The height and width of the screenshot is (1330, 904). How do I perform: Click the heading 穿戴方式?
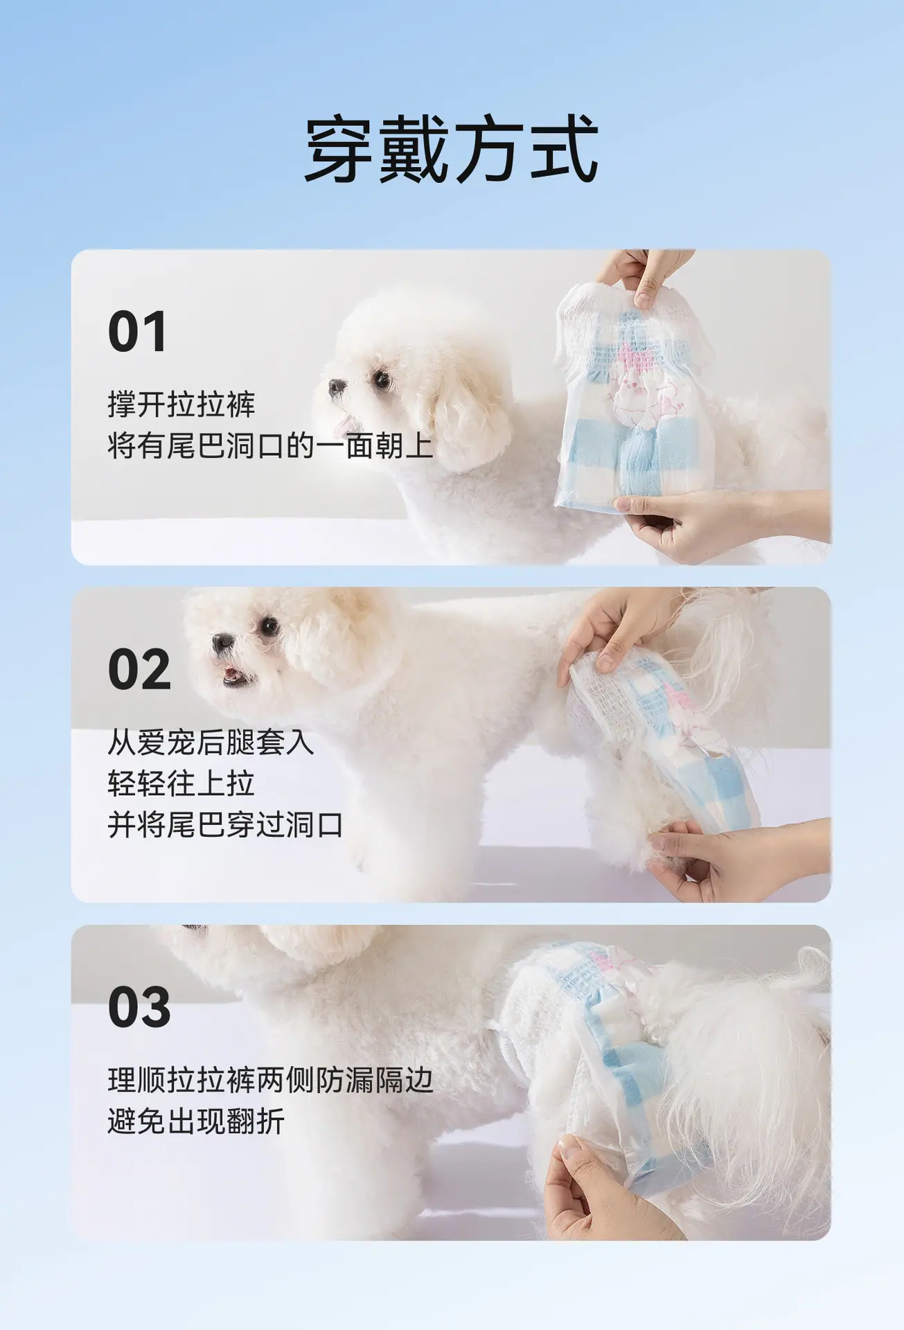pos(452,150)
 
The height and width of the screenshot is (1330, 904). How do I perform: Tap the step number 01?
pos(137,332)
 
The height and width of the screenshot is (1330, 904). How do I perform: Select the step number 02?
pos(139,669)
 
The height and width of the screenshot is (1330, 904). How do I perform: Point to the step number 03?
pos(139,1007)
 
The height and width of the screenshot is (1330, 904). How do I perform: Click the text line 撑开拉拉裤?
pos(181,405)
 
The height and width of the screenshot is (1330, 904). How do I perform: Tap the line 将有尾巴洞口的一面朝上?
pos(271,446)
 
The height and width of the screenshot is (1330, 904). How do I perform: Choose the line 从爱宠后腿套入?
pos(211,743)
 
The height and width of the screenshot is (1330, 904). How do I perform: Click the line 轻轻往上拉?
pos(181,783)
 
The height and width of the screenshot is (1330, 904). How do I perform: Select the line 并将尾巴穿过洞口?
pos(226,825)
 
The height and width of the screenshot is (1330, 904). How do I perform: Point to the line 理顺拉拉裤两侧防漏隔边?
pos(271,1080)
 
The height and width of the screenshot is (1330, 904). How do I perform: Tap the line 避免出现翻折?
pos(196,1121)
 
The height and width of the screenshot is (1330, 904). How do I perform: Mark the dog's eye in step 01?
pos(382,379)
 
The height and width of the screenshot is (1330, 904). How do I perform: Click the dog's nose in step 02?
pos(222,642)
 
